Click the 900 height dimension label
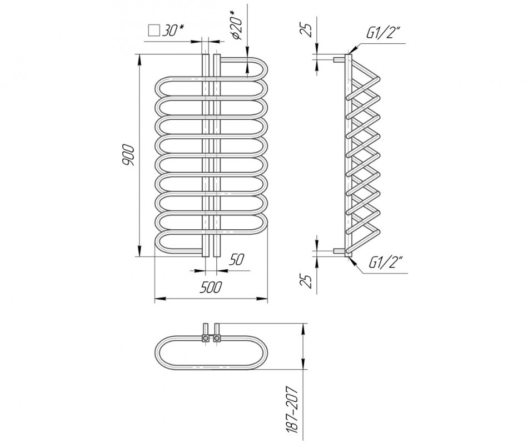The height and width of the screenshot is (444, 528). (x=128, y=155)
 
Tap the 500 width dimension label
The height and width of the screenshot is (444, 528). (x=211, y=287)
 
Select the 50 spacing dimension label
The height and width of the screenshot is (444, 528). (x=236, y=260)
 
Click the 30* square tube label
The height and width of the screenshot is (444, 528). (x=173, y=31)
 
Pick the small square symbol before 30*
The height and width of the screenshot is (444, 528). (x=154, y=31)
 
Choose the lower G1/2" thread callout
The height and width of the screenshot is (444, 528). (x=386, y=263)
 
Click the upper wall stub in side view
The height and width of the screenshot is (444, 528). (x=340, y=59)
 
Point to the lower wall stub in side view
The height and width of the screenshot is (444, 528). (x=340, y=251)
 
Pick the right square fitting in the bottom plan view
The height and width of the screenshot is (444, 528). (x=217, y=337)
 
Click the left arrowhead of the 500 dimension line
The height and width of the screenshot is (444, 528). (x=160, y=298)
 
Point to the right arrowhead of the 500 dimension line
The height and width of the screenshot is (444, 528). (x=263, y=298)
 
